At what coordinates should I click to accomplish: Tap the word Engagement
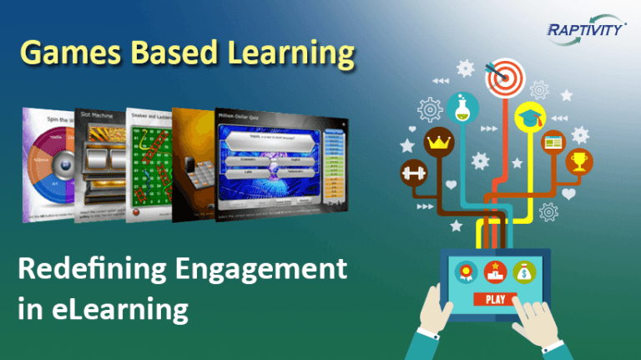(x=254, y=271)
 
